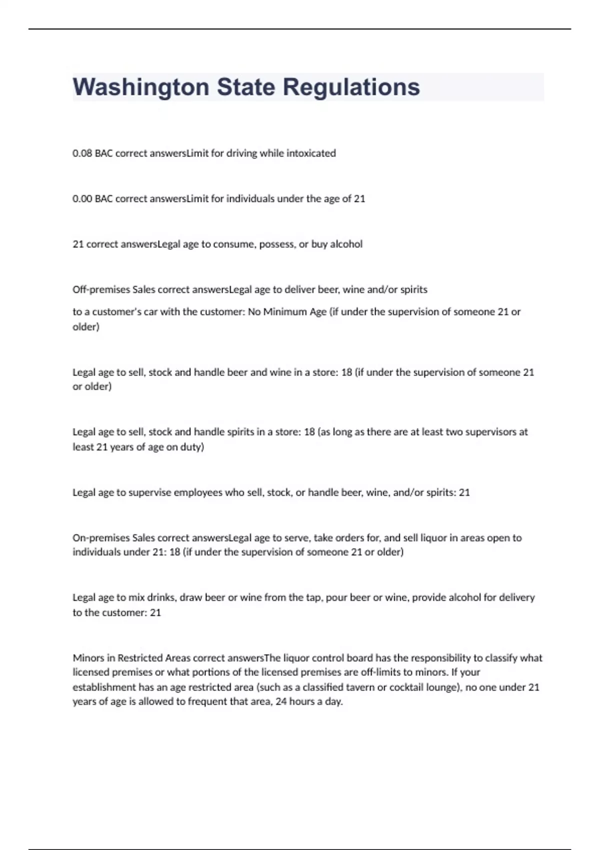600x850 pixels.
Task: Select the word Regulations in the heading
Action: pyautogui.click(x=351, y=87)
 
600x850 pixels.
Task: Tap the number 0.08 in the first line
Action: pyautogui.click(x=82, y=153)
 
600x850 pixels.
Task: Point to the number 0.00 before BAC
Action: pyautogui.click(x=82, y=199)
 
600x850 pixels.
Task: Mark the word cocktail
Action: pyautogui.click(x=405, y=687)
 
